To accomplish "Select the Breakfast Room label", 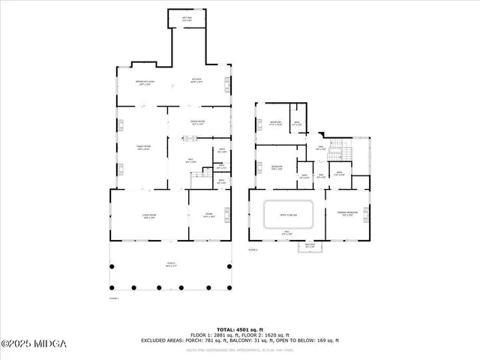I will point(145,82).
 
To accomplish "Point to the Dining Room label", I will point(197,122).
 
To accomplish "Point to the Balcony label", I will point(310,245).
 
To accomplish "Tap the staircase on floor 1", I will point(199,176).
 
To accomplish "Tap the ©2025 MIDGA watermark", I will point(34,343).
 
